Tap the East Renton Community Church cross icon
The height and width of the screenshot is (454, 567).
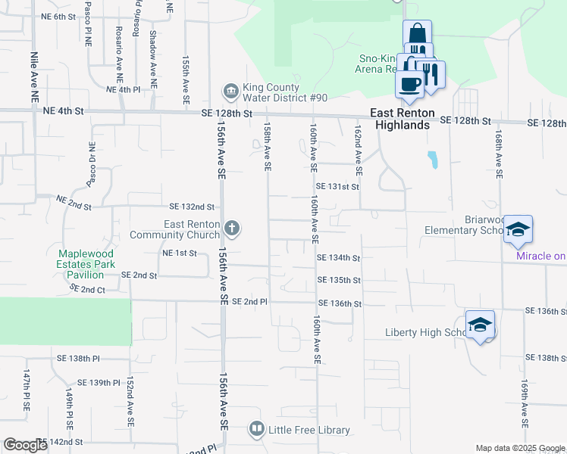(x=232, y=227)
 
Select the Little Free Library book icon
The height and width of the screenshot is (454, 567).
(x=257, y=430)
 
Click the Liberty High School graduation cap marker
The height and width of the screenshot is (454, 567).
(x=480, y=325)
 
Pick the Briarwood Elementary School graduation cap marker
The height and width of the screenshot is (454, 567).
(x=518, y=230)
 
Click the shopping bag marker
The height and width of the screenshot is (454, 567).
(x=417, y=34)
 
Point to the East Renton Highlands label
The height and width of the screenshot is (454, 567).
(x=402, y=119)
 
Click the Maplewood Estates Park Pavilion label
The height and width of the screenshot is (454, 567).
(x=86, y=264)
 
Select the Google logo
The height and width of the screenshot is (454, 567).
(x=25, y=446)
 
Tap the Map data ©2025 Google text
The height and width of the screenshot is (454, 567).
(x=520, y=448)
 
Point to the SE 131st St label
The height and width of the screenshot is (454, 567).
(x=337, y=186)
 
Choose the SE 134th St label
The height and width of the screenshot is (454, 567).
(x=339, y=257)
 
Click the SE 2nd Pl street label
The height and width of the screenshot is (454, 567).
(x=250, y=301)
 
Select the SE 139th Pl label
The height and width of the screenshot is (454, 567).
(x=99, y=383)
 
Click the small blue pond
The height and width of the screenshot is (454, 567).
(x=432, y=160)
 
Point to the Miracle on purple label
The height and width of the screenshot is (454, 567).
(x=540, y=256)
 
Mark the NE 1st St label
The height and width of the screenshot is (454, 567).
(x=179, y=253)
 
